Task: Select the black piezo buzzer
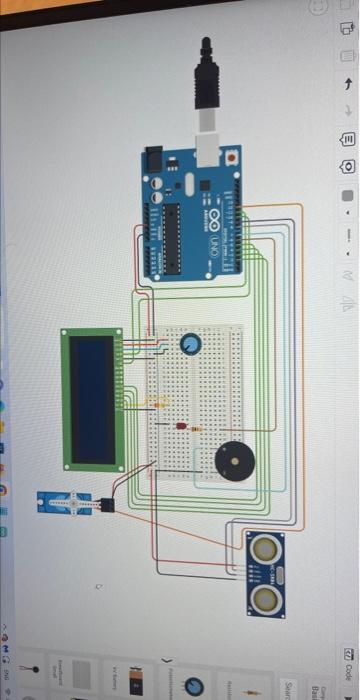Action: [x=236, y=461]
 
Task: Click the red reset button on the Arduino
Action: [x=231, y=157]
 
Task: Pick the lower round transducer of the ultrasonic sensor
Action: [x=265, y=599]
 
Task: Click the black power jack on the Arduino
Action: [x=153, y=158]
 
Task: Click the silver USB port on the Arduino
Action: [x=208, y=148]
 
